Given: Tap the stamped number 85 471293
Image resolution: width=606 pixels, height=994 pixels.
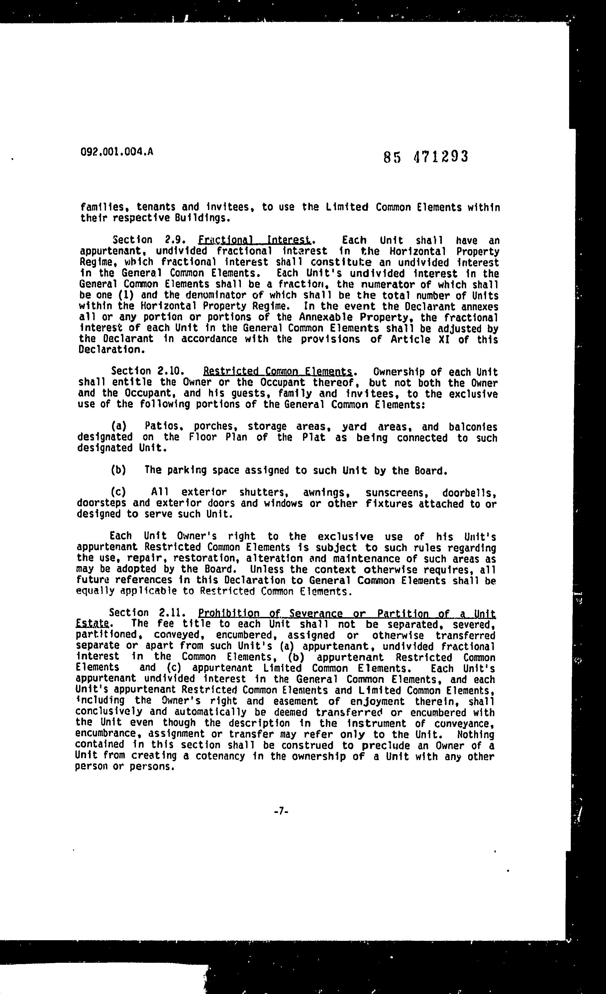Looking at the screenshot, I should click(x=426, y=156).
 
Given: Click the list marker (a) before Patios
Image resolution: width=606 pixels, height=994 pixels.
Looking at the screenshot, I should click(x=119, y=426).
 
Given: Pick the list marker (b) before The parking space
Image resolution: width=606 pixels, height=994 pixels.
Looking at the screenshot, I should click(x=119, y=470).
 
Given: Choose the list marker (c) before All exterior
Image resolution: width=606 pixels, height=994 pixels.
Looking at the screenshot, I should click(x=119, y=492).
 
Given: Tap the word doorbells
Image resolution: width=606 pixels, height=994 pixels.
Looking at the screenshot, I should click(x=469, y=493).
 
